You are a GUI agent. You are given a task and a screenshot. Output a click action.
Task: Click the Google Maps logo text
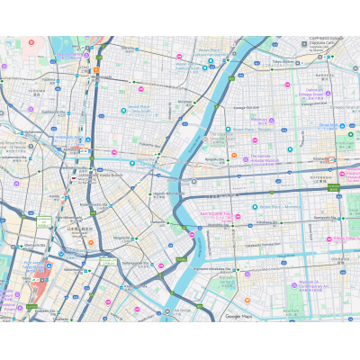[x=238, y=317]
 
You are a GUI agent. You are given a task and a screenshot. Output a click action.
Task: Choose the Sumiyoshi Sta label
[x=320, y=218]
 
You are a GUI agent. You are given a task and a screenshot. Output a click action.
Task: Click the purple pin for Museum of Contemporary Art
[x=293, y=286]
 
